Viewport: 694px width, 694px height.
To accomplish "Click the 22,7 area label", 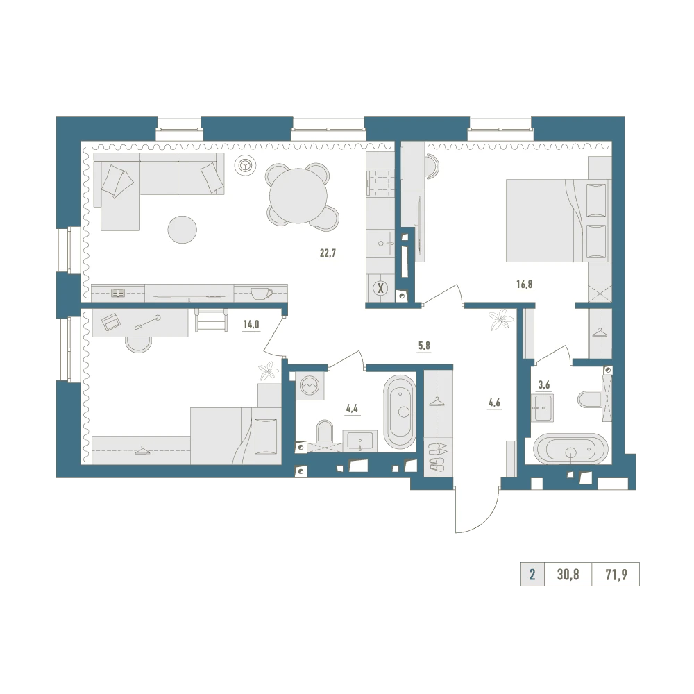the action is [x=328, y=253].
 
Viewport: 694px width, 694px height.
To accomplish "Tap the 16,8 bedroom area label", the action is [x=524, y=284].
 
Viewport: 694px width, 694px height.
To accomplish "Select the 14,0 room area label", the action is [x=251, y=324].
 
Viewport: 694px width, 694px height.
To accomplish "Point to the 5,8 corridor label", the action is [x=424, y=346].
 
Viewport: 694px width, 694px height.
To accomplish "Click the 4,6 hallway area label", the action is [x=494, y=403].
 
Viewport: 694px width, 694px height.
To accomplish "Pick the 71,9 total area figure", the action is [x=616, y=575].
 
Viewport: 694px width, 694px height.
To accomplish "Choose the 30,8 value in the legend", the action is [x=568, y=575].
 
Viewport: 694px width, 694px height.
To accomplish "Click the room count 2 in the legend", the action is [x=532, y=575].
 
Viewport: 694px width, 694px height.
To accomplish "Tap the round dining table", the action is [x=298, y=197].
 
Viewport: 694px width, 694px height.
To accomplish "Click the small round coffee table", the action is [x=182, y=229].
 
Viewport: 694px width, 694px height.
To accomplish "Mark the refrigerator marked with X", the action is [x=380, y=289].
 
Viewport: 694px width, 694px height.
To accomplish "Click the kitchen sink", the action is [x=380, y=244].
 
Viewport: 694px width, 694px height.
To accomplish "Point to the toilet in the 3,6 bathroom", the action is [x=589, y=399].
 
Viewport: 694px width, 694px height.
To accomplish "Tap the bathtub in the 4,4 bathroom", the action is [x=400, y=412].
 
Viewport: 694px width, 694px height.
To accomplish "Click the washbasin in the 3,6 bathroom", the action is [x=543, y=407].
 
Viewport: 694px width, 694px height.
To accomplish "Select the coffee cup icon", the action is [x=261, y=293].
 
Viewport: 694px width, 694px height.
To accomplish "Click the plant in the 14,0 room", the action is [x=269, y=372].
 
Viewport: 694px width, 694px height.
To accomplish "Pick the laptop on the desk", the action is [x=110, y=321].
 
